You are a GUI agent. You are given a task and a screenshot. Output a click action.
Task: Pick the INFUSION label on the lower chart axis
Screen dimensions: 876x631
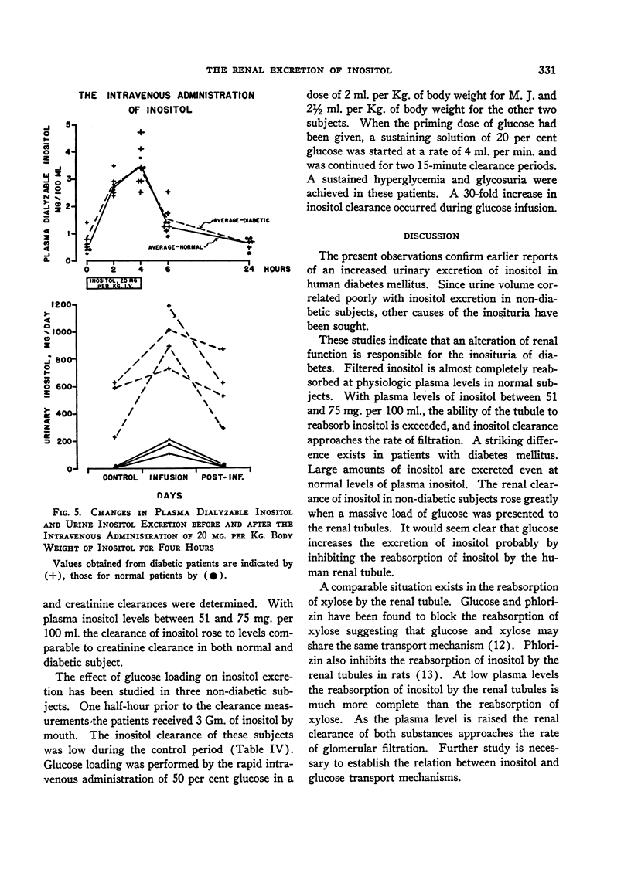click(169, 477)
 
